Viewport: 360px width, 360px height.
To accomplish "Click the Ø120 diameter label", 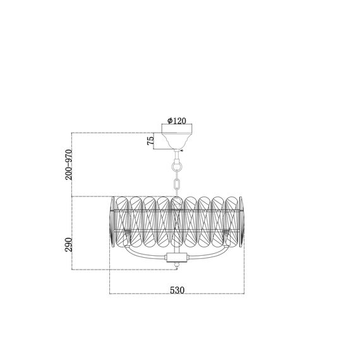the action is tap(177, 121).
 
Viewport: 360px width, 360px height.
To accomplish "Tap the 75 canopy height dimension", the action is tap(150, 141).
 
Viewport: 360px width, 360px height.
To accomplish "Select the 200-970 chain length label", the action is tap(68, 165).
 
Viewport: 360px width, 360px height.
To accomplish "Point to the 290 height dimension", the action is tap(68, 245).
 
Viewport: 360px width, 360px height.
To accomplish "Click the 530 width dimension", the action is tap(177, 290).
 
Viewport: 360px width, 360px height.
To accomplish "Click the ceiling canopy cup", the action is tap(177, 141).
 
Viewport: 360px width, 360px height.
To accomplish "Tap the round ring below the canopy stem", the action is tap(177, 166).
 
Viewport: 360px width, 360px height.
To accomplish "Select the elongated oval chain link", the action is tap(177, 184).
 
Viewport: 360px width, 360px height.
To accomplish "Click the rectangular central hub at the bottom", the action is tap(177, 257).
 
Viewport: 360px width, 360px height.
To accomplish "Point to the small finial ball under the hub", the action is tap(177, 265).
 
